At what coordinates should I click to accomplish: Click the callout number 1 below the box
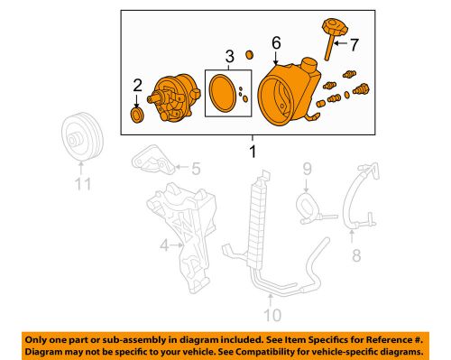(x=253, y=152)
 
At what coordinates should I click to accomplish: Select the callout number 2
(x=137, y=86)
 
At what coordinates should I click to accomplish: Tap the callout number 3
(x=229, y=57)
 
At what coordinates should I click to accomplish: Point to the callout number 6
(x=276, y=42)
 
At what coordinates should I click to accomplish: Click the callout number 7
(x=354, y=45)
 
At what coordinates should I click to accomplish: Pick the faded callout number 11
(x=83, y=184)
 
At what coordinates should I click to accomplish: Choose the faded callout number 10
(x=272, y=315)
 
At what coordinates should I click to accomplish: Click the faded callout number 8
(x=356, y=255)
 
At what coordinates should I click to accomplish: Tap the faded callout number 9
(x=307, y=169)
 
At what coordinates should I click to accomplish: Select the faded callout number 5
(x=196, y=169)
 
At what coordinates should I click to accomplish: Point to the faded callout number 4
(x=164, y=245)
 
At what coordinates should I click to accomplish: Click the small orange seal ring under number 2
(x=137, y=115)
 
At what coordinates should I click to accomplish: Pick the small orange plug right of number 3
(x=249, y=55)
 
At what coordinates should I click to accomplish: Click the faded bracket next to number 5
(x=152, y=161)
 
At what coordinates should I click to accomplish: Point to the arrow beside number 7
(x=341, y=43)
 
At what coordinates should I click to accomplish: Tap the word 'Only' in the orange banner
(x=34, y=340)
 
